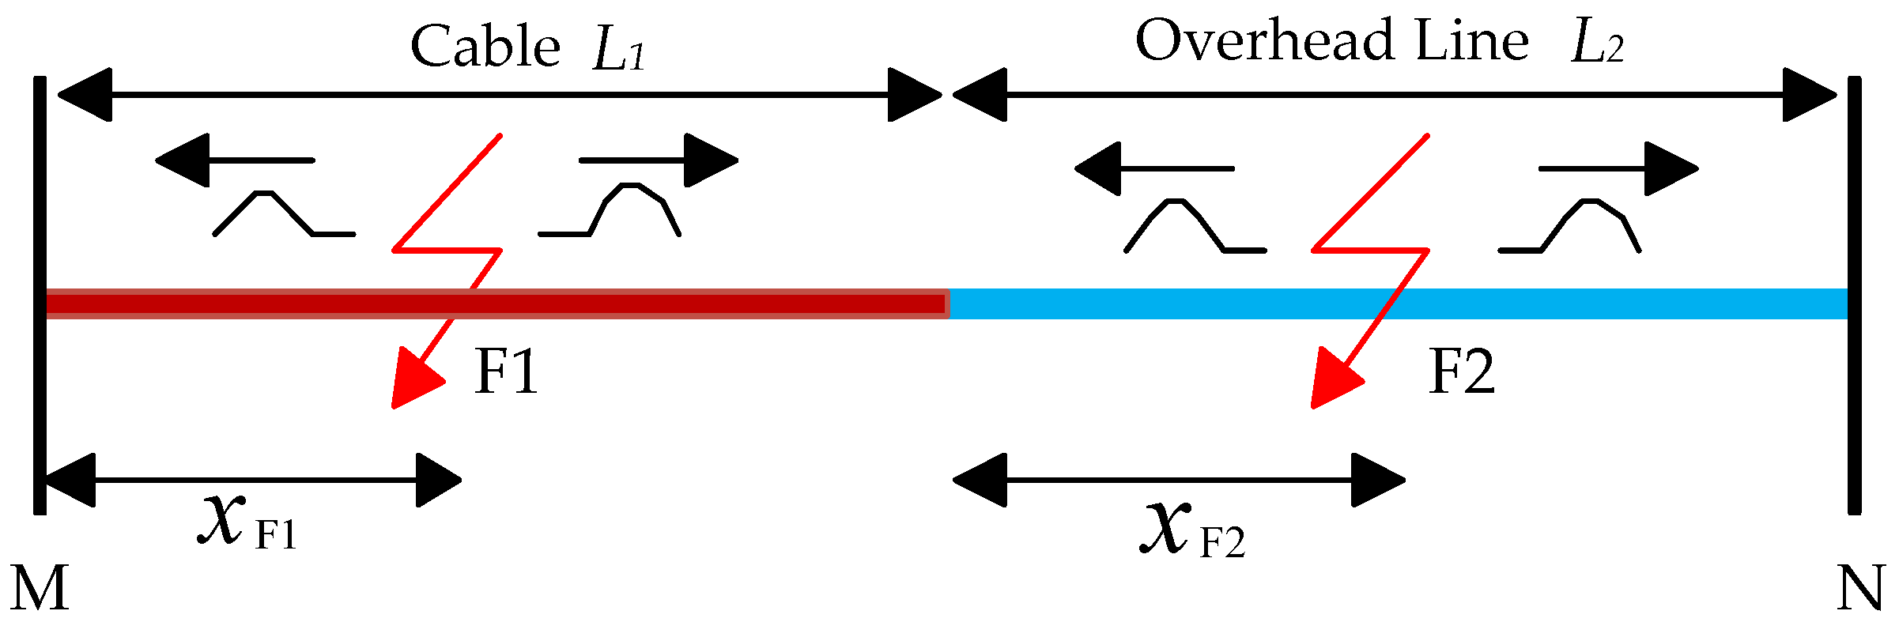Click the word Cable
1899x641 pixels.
[485, 47]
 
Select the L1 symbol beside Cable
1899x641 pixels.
[619, 51]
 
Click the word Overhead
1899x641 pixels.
[1264, 40]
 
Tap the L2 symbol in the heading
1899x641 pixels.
[1596, 43]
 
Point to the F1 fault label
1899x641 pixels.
[506, 371]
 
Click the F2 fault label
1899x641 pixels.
[1462, 371]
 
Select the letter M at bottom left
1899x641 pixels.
[40, 589]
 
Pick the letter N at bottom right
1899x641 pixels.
[1859, 589]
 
